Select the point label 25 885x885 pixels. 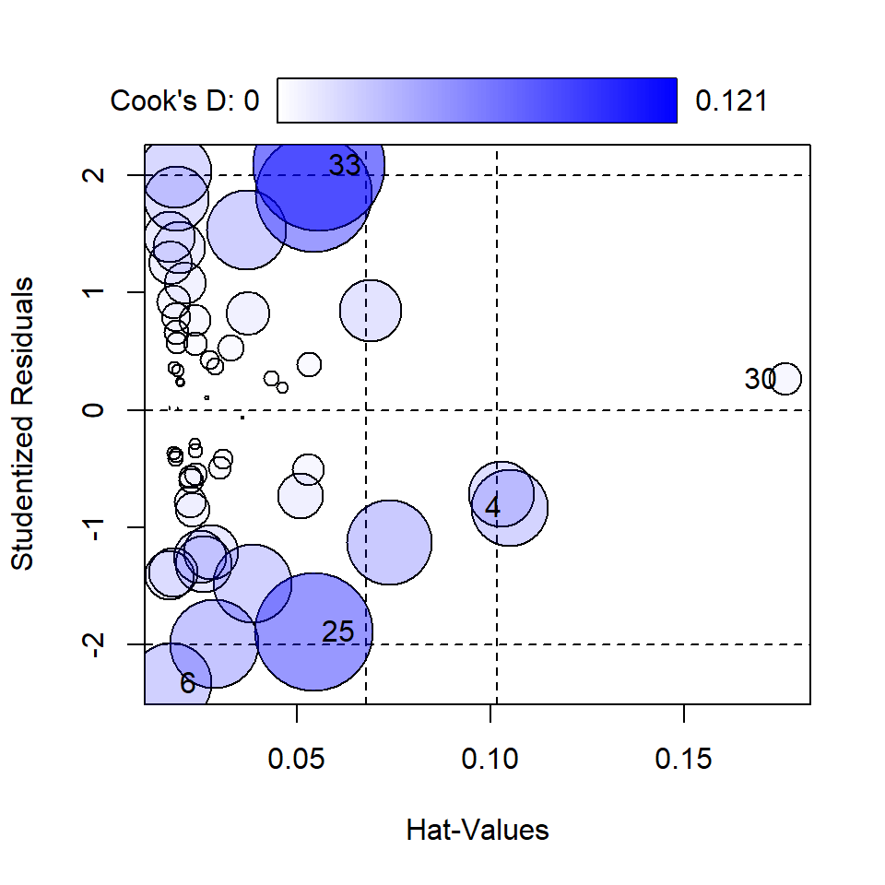pyautogui.click(x=338, y=632)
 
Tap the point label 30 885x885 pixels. pyautogui.click(x=761, y=379)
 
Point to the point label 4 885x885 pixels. pyautogui.click(x=492, y=507)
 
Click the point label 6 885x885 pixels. pyautogui.click(x=187, y=683)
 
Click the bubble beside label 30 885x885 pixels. pyautogui.click(x=785, y=378)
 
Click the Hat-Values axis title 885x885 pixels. pyautogui.click(x=478, y=831)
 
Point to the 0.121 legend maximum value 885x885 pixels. pyautogui.click(x=731, y=100)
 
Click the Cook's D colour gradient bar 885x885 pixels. pyautogui.click(x=478, y=100)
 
